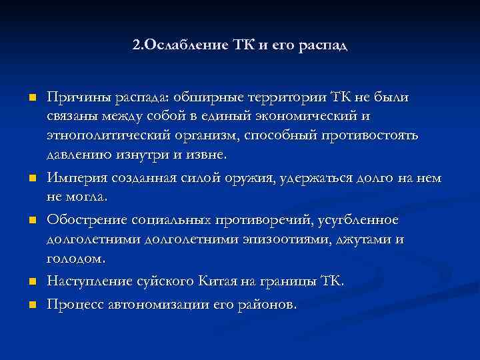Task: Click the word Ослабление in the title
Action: [x=181, y=47]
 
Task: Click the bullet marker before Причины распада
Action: [x=31, y=99]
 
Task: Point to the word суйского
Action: [x=165, y=281]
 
